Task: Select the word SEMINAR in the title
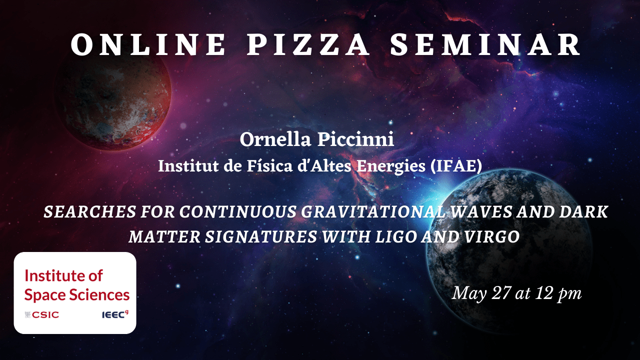tap(485, 44)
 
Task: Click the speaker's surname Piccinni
tap(355, 139)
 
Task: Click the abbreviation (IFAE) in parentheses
tap(456, 166)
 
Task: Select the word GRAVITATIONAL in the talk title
tap(373, 212)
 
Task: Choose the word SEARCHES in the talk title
tap(89, 212)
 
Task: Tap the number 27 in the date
tap(501, 293)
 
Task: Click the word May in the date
tap(468, 294)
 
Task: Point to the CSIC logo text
tap(42, 315)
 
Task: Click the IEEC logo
tap(115, 314)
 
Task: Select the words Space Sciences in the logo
tap(77, 295)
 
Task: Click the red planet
tap(113, 98)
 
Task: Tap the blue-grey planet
tap(508, 251)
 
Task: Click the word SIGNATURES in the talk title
tap(261, 237)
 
